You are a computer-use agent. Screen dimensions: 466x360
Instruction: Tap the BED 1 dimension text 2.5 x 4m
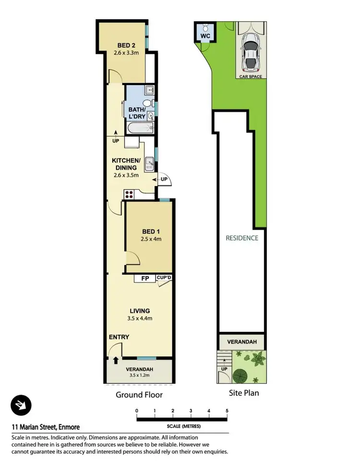(148, 238)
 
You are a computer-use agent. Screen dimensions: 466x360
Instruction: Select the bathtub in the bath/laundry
(140, 128)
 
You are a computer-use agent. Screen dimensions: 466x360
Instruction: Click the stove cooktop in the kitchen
(129, 195)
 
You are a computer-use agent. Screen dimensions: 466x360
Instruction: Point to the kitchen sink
(149, 164)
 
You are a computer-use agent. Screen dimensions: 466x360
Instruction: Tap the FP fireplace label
(144, 278)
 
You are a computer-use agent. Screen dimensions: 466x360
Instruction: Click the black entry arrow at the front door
(116, 360)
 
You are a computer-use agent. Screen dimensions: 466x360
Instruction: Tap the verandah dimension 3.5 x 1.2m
(139, 376)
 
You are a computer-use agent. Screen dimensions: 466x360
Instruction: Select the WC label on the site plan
(204, 36)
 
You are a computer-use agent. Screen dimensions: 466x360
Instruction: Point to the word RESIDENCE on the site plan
(242, 238)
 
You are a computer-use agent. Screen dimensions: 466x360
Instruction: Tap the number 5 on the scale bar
(227, 411)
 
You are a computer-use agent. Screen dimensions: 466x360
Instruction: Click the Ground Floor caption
(139, 395)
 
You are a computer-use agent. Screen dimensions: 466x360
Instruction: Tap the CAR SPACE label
(251, 76)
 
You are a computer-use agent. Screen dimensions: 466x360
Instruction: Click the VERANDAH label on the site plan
(242, 342)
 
